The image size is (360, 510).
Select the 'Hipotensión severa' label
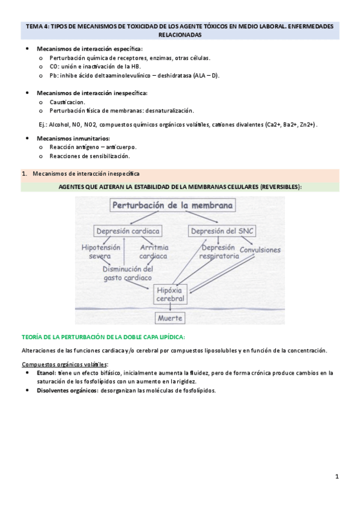point(101,252)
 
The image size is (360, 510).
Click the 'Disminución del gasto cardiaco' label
point(127,274)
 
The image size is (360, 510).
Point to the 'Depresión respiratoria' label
point(219,252)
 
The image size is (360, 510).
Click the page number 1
point(337,477)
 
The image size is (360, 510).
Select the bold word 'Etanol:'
point(46,373)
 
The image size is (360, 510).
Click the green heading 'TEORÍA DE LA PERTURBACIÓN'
point(103,337)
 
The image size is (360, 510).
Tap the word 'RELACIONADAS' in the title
point(179,35)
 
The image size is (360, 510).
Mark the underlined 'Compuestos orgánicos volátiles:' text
point(64,364)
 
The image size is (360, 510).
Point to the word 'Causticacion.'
point(68,102)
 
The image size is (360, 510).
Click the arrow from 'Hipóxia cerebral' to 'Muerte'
point(171,307)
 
